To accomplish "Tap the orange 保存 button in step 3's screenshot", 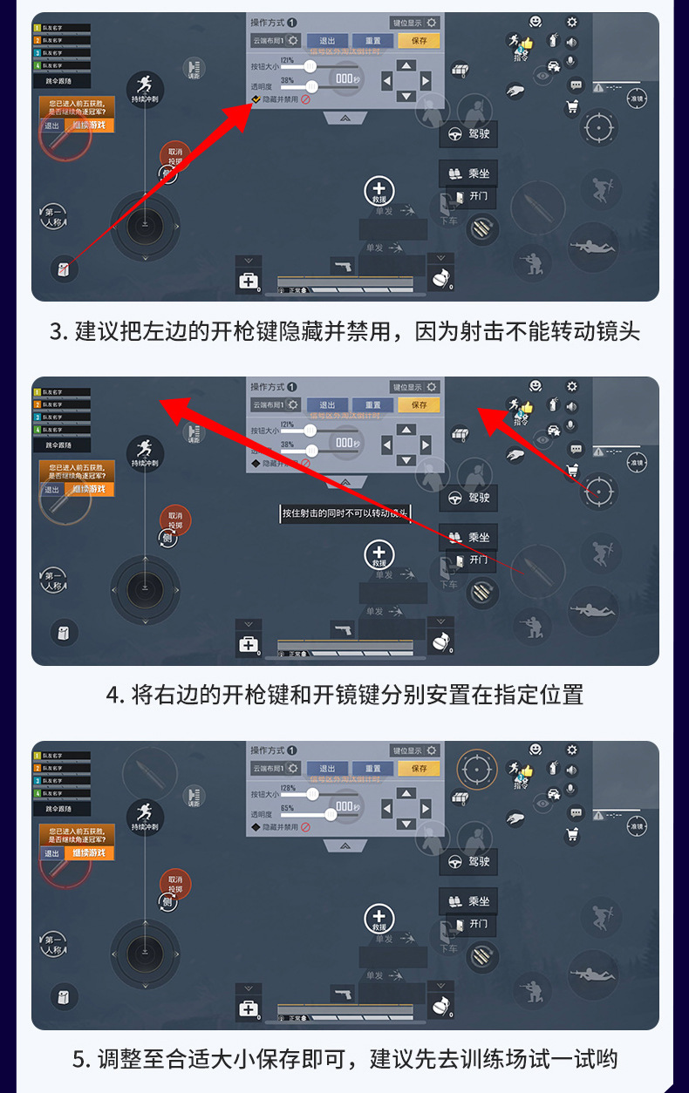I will [x=419, y=40].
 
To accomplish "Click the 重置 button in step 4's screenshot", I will [x=373, y=404].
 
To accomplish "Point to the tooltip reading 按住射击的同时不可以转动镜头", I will [x=344, y=513].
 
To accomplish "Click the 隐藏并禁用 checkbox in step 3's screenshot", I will [x=256, y=99].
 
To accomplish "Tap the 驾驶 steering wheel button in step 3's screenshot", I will [x=468, y=134].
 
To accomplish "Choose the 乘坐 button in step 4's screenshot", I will [x=468, y=537].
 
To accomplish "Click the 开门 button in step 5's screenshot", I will [x=472, y=924].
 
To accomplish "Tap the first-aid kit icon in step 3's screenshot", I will [x=249, y=281].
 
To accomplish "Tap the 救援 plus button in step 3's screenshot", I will [x=379, y=191].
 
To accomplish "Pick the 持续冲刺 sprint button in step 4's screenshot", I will [x=145, y=452].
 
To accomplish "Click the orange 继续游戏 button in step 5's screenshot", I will [x=89, y=852].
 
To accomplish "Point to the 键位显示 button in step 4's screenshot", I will [x=414, y=386].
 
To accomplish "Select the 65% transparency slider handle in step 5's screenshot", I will [x=331, y=814].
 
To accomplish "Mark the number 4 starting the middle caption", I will [x=112, y=696].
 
